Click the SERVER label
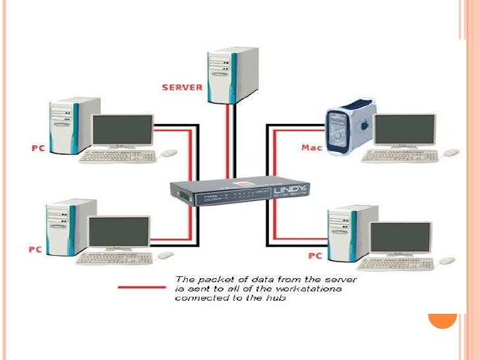click(183, 86)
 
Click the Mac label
click(311, 147)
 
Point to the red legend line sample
click(142, 287)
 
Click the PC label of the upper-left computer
click(38, 147)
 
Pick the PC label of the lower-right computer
click(315, 255)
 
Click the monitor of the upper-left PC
click(123, 131)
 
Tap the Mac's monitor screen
click(404, 131)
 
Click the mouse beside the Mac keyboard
click(450, 153)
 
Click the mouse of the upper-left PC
click(169, 153)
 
